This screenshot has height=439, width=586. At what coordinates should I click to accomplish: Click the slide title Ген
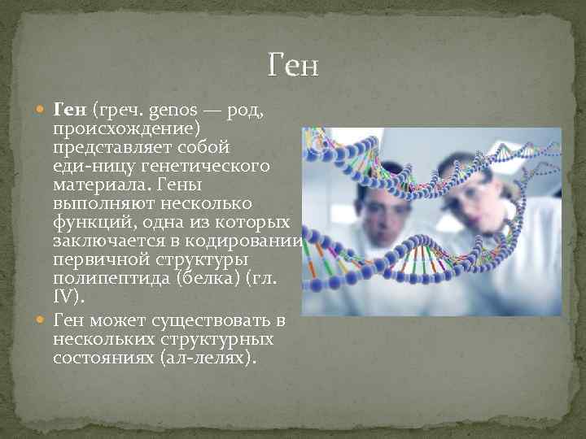point(293,64)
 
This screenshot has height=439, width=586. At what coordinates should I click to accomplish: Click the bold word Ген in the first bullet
point(70,109)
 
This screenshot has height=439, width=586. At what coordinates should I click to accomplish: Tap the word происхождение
point(127,128)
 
